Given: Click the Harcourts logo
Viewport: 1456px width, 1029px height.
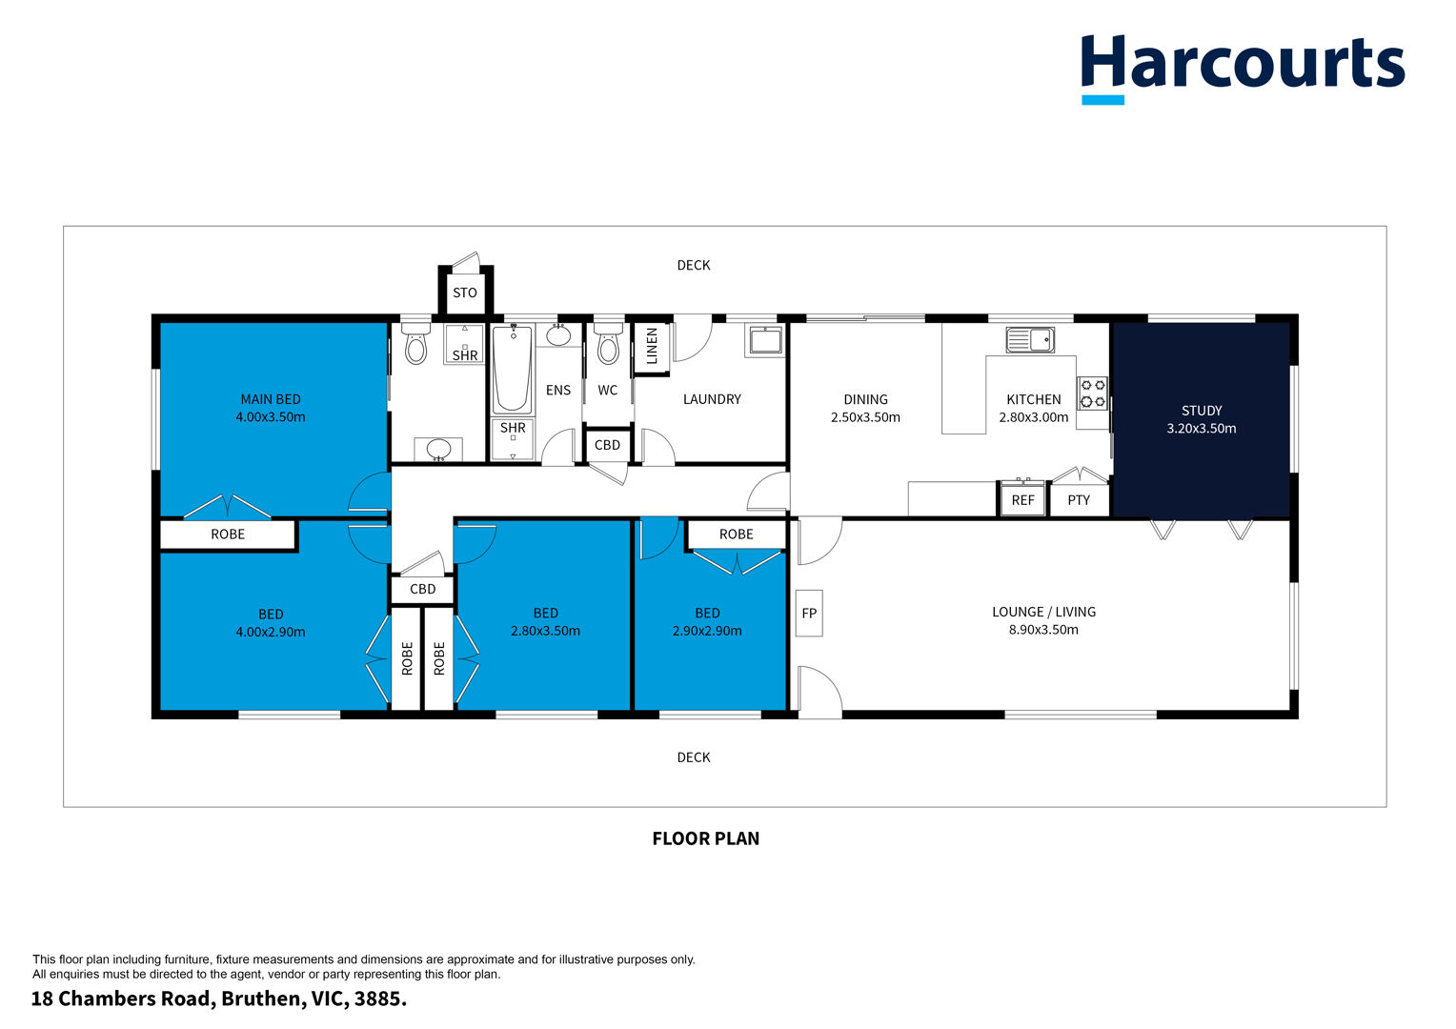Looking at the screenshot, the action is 1243,69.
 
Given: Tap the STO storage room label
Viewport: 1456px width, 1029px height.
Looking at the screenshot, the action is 465,293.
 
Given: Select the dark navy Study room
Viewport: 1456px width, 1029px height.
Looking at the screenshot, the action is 1202,420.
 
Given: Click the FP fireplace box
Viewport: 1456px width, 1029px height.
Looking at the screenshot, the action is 809,613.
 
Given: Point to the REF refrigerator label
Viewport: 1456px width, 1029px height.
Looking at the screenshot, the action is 1022,500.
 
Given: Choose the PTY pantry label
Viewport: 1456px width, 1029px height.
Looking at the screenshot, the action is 1079,500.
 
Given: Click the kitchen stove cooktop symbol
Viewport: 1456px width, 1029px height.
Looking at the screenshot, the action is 1092,393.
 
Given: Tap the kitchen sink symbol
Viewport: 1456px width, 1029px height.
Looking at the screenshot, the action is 1030,340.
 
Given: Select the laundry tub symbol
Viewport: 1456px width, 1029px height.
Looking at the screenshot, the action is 765,340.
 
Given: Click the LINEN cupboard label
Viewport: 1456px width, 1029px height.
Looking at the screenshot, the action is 652,346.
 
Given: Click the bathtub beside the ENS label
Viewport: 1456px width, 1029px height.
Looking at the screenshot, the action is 513,370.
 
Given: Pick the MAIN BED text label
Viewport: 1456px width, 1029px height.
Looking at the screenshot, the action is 271,400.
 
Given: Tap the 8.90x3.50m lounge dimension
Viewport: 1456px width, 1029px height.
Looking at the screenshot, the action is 1043,630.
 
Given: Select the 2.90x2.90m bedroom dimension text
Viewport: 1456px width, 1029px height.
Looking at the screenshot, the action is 707,631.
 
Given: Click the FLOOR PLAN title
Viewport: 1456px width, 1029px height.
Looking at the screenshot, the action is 706,838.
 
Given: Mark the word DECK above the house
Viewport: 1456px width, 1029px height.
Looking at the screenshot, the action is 694,265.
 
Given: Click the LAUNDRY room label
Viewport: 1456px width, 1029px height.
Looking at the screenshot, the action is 712,400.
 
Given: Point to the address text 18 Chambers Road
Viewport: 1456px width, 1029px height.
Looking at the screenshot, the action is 124,999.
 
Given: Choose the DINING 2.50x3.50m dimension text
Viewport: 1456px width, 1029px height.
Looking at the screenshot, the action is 865,417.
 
